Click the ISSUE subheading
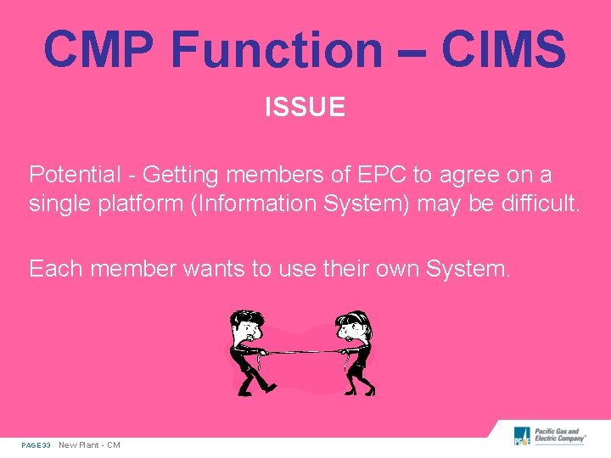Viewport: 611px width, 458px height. tap(305, 108)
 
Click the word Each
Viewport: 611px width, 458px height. tap(55, 269)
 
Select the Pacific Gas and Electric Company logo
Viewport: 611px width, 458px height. tap(549, 436)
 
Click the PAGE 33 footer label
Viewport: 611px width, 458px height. tap(36, 445)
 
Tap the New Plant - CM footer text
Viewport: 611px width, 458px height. tap(89, 445)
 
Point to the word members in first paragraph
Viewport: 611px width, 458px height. tap(272, 175)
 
